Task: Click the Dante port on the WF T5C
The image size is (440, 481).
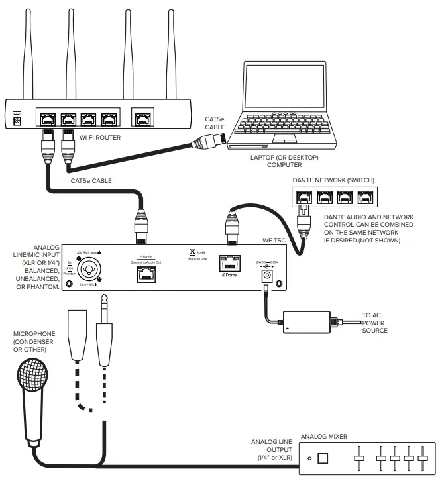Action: (231, 263)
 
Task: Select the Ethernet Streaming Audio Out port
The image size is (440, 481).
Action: (146, 274)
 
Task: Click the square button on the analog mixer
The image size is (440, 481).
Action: (323, 458)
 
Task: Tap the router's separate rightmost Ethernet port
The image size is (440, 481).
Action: (142, 119)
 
